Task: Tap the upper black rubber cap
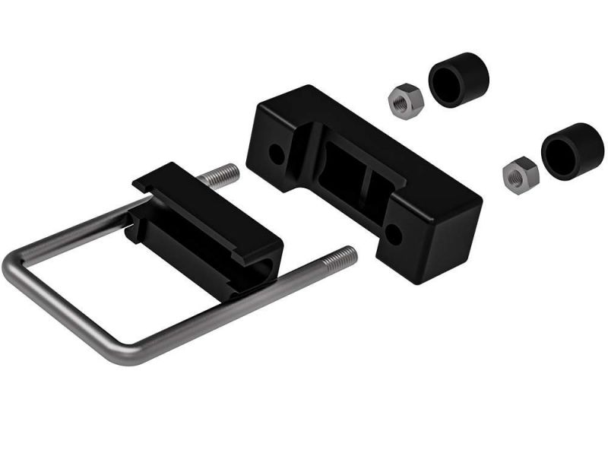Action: point(459,79)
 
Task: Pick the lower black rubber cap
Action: point(572,150)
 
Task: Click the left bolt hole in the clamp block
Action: point(277,156)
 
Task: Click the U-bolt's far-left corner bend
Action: point(12,262)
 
